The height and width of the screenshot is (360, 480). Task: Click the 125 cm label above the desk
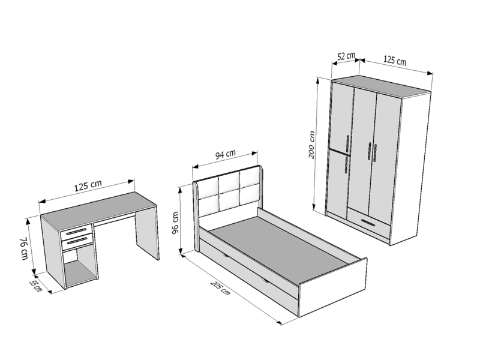pyautogui.click(x=88, y=185)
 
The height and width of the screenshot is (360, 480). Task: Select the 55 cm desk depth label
pyautogui.click(x=35, y=285)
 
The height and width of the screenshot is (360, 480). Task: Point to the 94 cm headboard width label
pyautogui.click(x=226, y=154)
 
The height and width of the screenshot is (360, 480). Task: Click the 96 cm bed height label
pyautogui.click(x=176, y=223)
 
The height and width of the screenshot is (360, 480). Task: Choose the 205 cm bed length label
pyautogui.click(x=220, y=288)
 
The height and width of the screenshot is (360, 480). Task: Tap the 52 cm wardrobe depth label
pyautogui.click(x=346, y=56)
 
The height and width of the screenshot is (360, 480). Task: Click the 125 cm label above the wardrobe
pyautogui.click(x=395, y=60)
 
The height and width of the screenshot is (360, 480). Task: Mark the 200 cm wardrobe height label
pyautogui.click(x=311, y=145)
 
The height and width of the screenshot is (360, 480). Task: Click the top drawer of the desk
pyautogui.click(x=77, y=231)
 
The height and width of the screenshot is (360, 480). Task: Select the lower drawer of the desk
pyautogui.click(x=77, y=242)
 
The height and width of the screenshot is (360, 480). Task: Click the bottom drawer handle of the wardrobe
pyautogui.click(x=368, y=222)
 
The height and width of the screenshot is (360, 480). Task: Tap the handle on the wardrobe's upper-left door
pyautogui.click(x=347, y=143)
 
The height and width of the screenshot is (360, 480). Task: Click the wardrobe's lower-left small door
pyautogui.click(x=338, y=184)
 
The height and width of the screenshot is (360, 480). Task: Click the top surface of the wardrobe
pyautogui.click(x=381, y=86)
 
